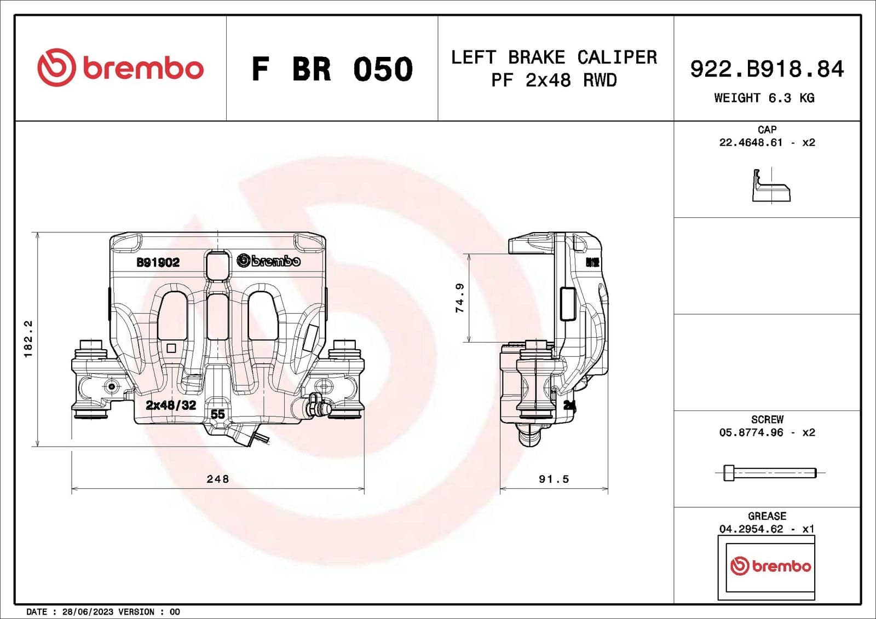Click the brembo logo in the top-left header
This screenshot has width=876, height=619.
click(120, 68)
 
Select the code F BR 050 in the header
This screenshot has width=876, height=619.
click(332, 69)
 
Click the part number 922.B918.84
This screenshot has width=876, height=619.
click(766, 69)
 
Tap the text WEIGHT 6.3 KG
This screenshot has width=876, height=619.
click(764, 98)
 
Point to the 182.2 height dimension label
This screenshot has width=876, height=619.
click(28, 339)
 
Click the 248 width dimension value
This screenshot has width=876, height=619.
click(217, 479)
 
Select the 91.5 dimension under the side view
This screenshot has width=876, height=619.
click(554, 479)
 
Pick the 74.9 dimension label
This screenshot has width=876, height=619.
click(460, 298)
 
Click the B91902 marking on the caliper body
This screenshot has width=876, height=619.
click(158, 263)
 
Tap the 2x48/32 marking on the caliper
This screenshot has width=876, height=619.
click(171, 406)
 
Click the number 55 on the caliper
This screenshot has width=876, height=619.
click(217, 414)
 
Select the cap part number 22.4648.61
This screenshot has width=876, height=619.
click(751, 143)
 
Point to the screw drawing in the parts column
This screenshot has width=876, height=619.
click(769, 472)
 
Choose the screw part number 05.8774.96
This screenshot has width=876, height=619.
click(751, 432)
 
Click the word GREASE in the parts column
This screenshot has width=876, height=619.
click(766, 516)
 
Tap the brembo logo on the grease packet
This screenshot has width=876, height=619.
click(770, 566)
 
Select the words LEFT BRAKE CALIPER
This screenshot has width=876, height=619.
click(554, 57)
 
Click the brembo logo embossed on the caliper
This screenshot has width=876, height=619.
click(268, 261)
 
